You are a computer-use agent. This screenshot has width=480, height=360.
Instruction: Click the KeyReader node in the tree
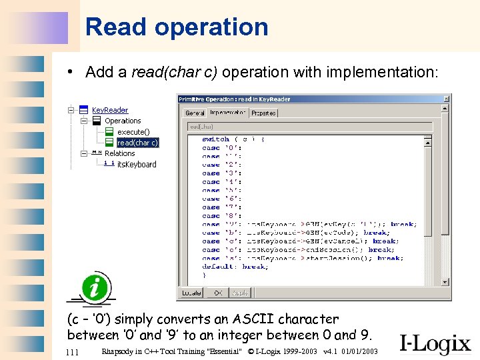[x=109, y=110]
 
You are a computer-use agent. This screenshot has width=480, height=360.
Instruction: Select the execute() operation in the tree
[x=133, y=132]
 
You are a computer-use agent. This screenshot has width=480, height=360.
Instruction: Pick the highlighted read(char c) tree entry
[x=137, y=143]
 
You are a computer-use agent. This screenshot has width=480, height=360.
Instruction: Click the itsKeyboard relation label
[x=137, y=165]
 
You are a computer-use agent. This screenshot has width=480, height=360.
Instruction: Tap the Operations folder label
[x=123, y=121]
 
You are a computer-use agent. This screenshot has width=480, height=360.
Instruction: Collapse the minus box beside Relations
[x=83, y=153]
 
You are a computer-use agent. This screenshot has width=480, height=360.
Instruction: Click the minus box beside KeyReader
[x=71, y=110]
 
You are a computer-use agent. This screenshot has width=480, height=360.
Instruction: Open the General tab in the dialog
[x=195, y=113]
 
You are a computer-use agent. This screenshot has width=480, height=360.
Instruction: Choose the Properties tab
[x=263, y=113]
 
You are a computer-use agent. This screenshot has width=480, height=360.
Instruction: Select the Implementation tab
[x=227, y=113]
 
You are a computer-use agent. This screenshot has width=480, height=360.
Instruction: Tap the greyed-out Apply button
[x=239, y=293]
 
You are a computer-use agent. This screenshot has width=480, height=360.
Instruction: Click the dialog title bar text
[x=234, y=99]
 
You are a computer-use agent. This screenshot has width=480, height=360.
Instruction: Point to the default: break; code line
[x=235, y=267]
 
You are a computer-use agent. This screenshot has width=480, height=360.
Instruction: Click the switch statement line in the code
[x=233, y=139]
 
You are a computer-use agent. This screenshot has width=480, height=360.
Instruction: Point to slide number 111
[x=73, y=351]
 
